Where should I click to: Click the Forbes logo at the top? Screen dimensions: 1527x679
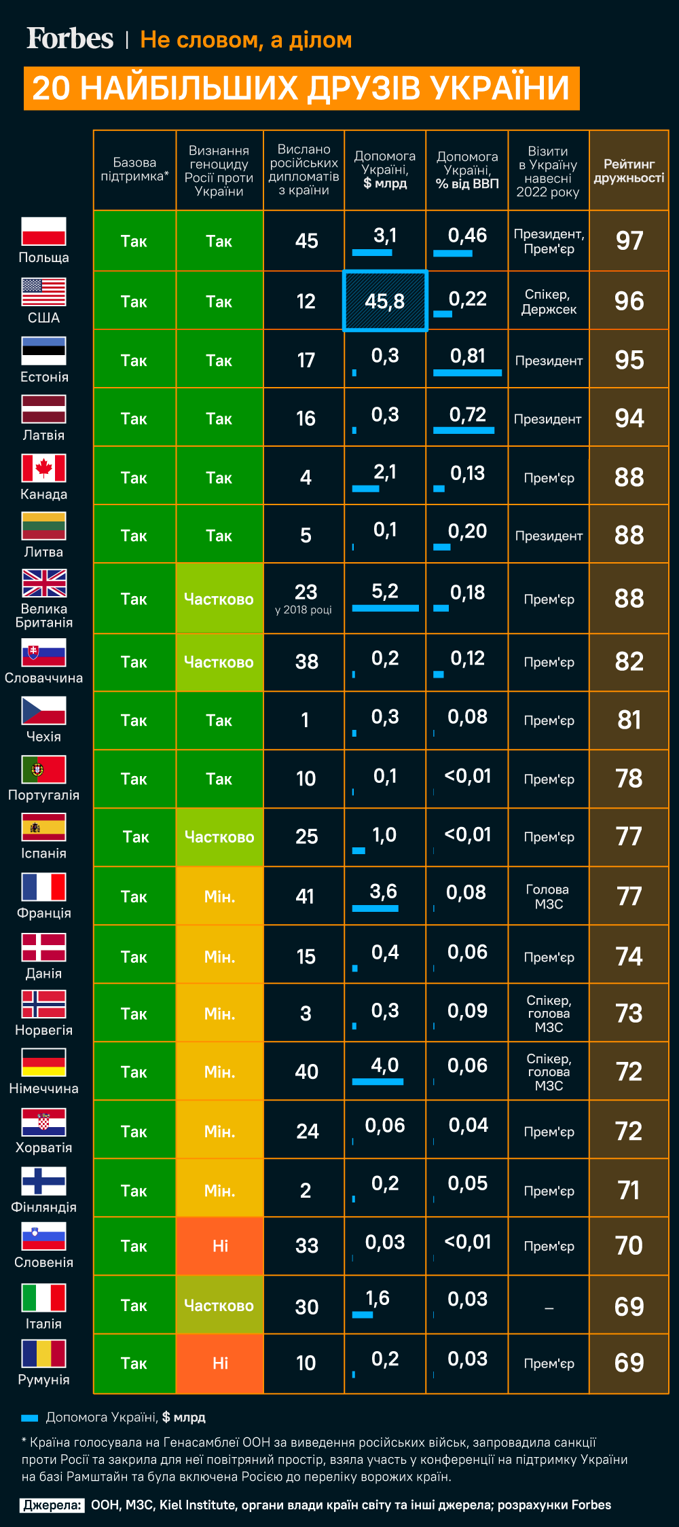click(x=70, y=39)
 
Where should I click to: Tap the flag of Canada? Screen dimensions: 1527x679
click(x=43, y=468)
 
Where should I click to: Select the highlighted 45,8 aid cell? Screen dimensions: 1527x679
click(x=385, y=301)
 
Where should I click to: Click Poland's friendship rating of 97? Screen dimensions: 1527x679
click(x=629, y=241)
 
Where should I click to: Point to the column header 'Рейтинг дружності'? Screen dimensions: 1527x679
click(x=629, y=171)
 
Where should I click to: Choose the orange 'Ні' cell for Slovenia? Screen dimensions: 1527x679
click(x=220, y=1246)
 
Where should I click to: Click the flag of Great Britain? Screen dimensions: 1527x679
click(x=44, y=583)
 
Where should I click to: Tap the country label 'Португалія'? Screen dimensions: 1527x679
click(x=43, y=795)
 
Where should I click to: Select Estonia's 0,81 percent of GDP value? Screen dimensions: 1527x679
click(x=467, y=356)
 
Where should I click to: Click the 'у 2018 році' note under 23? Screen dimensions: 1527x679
click(x=304, y=610)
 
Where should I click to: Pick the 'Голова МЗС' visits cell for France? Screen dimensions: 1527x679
click(x=549, y=896)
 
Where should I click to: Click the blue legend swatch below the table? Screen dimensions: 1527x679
click(x=29, y=1418)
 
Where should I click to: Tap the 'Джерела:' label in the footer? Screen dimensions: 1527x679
click(x=52, y=1505)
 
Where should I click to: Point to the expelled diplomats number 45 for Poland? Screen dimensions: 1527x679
click(x=306, y=241)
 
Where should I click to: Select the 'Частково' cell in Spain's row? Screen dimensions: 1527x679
click(x=219, y=837)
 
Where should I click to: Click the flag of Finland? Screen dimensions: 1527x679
click(x=43, y=1181)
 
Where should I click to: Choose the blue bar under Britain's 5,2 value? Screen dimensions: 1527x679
click(x=385, y=608)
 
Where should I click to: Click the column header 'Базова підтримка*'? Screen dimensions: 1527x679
click(x=134, y=169)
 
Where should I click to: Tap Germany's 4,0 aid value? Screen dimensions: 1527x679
click(x=384, y=1065)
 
